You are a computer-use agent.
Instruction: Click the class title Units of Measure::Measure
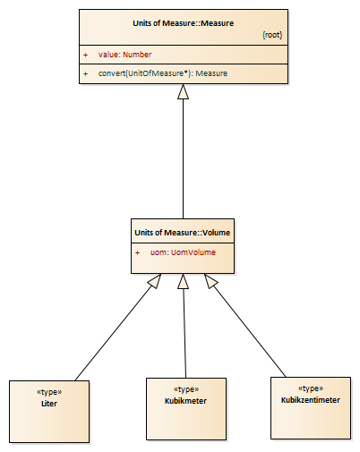pos(183,23)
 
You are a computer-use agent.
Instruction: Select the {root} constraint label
pos(272,35)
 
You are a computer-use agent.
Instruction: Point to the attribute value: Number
pos(124,55)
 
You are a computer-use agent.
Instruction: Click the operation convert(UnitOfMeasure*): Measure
pos(163,73)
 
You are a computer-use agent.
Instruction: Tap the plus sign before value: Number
pos(86,55)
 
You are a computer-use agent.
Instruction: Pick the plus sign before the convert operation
pos(86,73)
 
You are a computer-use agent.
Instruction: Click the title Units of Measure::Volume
pos(183,233)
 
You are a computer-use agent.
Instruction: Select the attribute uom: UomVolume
pos(183,252)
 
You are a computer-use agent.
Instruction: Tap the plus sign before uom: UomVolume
pos(137,252)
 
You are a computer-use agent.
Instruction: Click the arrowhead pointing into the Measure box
pos(183,91)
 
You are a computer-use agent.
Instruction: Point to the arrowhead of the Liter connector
pos(155,281)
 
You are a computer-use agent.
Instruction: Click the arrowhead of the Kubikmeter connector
pos(183,281)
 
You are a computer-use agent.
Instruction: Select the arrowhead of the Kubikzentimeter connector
pos(210,281)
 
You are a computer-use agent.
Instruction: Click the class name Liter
pos(49,404)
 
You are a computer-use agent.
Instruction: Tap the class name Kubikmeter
pos(185,401)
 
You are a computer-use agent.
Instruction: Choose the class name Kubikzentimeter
pos(311,400)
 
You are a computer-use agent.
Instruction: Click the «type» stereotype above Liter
pos(49,392)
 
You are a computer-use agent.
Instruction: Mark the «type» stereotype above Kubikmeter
pos(186,389)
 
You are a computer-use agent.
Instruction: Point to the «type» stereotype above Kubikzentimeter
pos(311,388)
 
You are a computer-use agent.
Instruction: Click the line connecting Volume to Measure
pos(183,158)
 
